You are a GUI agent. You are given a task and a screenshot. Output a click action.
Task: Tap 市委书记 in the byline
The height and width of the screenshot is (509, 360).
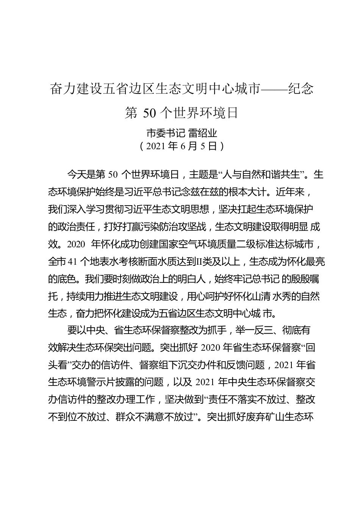(x=165, y=133)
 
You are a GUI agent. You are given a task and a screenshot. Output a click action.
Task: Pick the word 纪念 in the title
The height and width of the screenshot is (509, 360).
(x=301, y=89)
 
